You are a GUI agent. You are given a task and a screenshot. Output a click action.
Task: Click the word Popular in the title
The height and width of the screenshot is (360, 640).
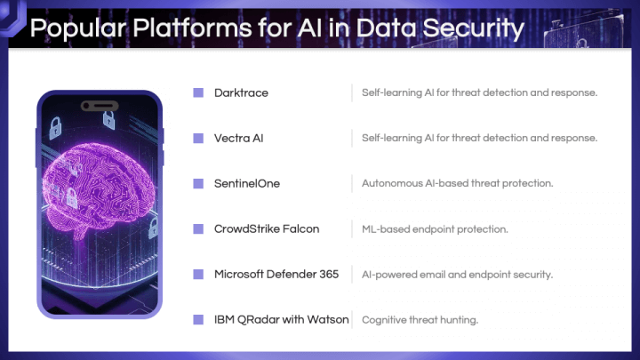click(x=78, y=28)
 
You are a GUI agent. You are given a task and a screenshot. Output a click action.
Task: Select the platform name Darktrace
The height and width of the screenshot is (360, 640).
click(x=241, y=93)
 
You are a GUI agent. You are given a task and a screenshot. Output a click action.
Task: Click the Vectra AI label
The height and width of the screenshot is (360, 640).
click(x=239, y=139)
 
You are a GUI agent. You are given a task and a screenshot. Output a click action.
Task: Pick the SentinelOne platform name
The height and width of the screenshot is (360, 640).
click(x=247, y=184)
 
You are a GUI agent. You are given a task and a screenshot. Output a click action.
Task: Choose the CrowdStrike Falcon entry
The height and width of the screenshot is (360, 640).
click(x=267, y=229)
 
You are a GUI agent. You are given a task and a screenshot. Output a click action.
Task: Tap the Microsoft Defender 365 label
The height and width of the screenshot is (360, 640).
click(x=276, y=275)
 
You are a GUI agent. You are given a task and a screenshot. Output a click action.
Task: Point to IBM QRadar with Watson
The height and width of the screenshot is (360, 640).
click(x=282, y=320)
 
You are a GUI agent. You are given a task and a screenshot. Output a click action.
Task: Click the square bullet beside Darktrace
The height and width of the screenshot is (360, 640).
click(x=198, y=93)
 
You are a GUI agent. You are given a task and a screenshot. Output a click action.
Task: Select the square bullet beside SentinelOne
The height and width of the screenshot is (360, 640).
click(x=198, y=184)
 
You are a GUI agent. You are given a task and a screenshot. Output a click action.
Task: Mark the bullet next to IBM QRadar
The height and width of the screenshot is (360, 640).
click(x=198, y=320)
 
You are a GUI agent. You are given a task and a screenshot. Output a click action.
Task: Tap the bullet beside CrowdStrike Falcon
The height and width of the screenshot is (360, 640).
click(x=198, y=229)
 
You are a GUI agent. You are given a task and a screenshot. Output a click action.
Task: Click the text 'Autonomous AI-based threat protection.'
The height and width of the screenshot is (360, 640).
click(x=458, y=184)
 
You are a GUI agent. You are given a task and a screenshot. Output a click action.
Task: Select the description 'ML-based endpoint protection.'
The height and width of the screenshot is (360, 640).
click(x=435, y=229)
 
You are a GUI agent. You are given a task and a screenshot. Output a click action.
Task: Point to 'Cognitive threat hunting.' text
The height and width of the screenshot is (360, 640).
click(x=420, y=320)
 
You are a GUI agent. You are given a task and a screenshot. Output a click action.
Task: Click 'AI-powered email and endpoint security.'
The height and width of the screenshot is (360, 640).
click(x=458, y=275)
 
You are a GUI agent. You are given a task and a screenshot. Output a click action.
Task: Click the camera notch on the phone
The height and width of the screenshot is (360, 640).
click(x=100, y=106)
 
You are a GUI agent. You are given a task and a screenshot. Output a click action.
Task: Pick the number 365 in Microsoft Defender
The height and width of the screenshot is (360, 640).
click(x=329, y=275)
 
